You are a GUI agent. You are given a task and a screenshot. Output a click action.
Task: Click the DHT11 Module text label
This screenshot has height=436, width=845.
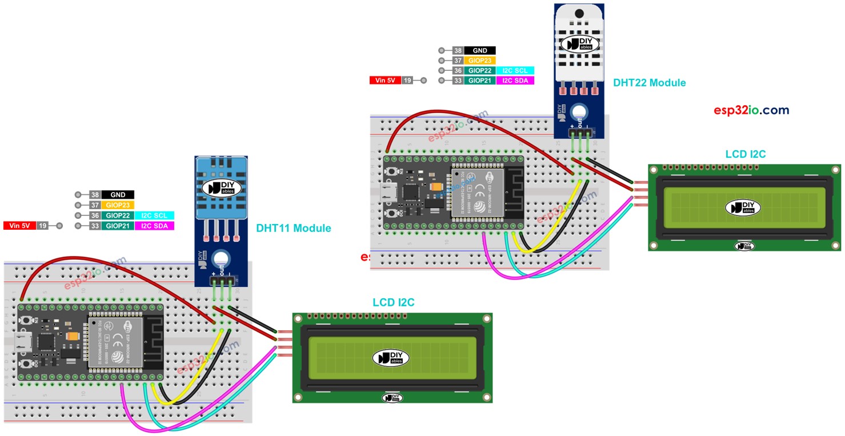(293, 229)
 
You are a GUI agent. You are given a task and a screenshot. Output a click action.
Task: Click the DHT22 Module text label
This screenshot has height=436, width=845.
(649, 83)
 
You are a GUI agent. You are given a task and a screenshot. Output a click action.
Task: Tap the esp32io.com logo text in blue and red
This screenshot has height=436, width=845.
(751, 110)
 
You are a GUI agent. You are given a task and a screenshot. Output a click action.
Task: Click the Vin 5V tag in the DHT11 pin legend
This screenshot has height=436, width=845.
(19, 226)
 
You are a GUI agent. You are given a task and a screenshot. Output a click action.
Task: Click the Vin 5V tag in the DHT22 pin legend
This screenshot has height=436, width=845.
(385, 81)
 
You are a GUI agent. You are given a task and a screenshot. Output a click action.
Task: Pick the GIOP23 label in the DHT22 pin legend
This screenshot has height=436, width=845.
(479, 61)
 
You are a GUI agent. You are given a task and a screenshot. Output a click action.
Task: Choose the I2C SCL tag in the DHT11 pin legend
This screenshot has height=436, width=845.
(154, 215)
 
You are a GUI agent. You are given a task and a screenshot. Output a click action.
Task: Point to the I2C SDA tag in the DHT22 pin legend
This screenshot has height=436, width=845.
(515, 81)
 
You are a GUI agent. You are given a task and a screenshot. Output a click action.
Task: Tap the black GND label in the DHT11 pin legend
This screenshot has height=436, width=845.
(118, 195)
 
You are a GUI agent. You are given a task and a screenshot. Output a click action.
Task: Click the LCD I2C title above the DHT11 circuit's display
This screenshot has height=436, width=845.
(394, 302)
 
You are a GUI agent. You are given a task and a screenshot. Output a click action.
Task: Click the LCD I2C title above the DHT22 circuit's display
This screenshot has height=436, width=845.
(745, 154)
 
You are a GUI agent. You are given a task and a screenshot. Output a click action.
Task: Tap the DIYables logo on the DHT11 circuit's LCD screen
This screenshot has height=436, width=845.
(391, 358)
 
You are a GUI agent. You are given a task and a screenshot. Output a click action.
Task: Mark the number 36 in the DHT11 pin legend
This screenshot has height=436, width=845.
(95, 215)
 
